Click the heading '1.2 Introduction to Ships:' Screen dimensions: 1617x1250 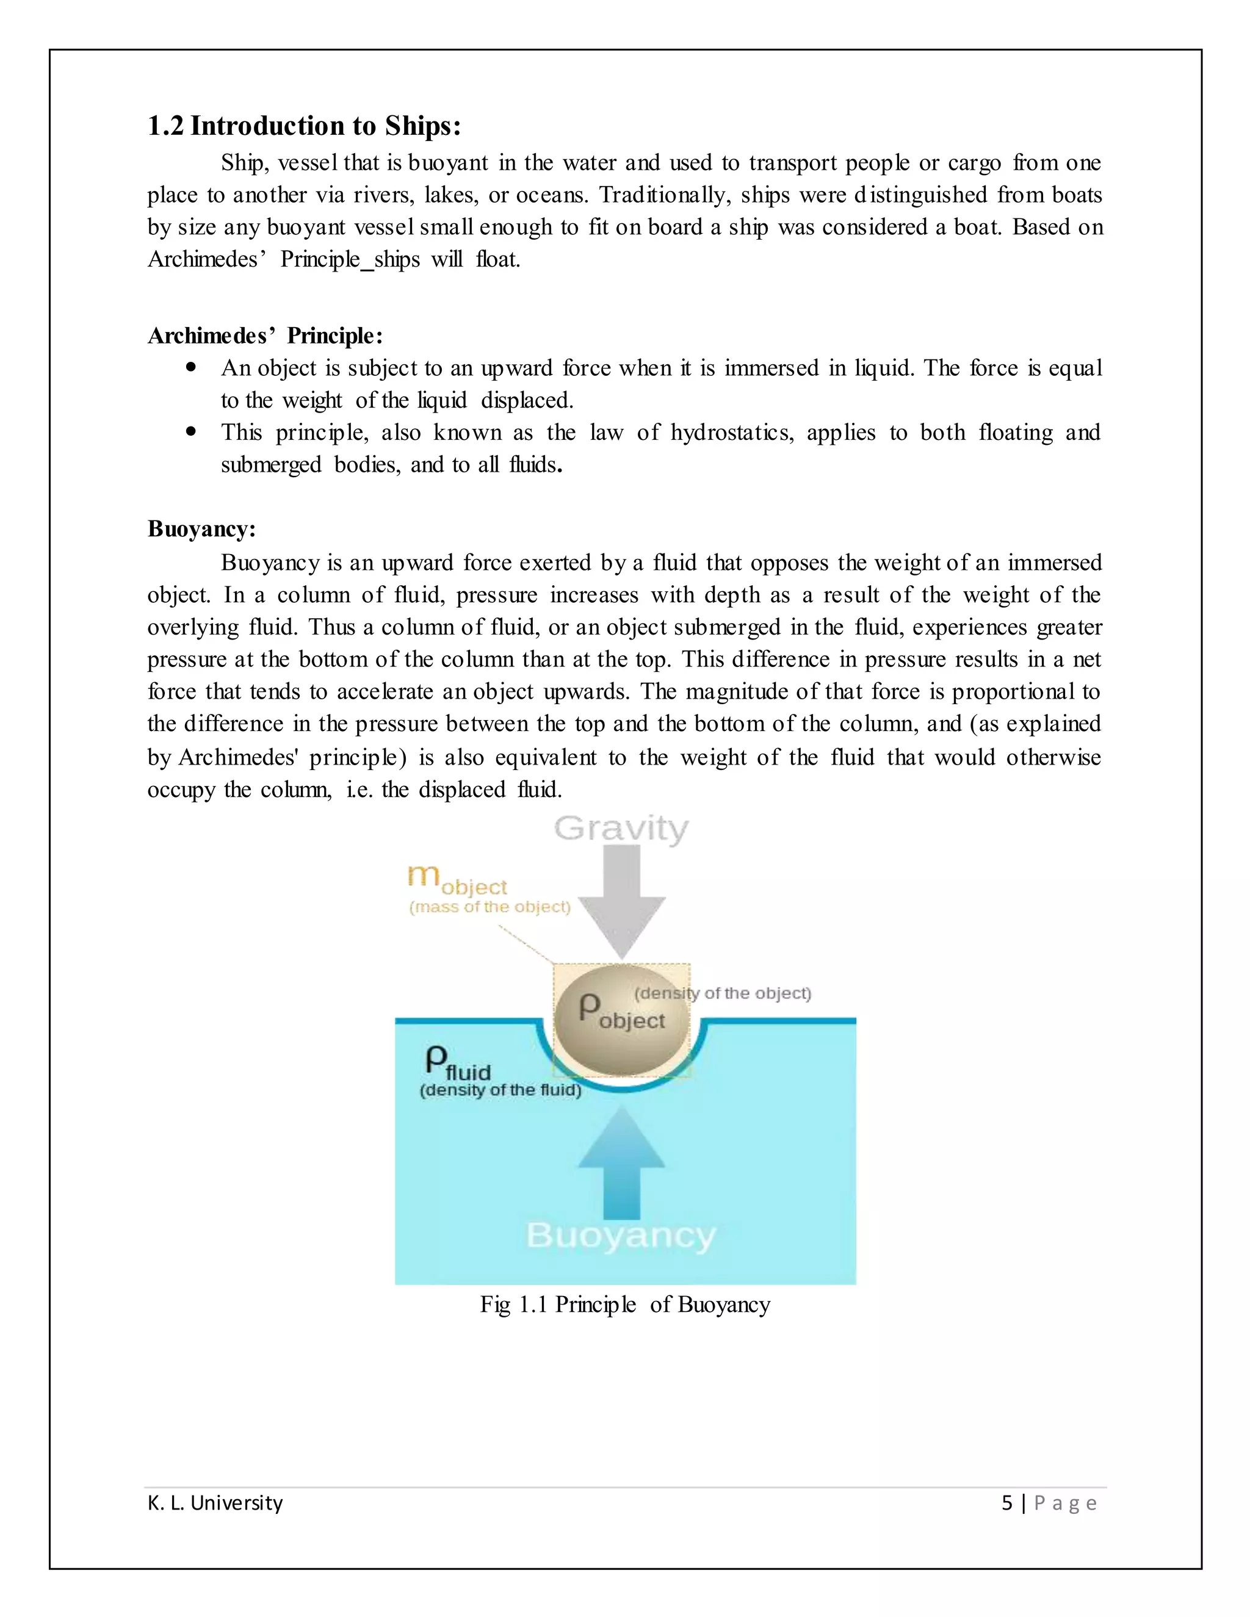pos(305,126)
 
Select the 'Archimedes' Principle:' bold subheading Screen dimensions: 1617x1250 pos(265,336)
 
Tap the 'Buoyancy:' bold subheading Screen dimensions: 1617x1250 pos(201,528)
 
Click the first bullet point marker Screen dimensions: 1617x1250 pos(192,367)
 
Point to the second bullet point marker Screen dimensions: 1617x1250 pos(192,431)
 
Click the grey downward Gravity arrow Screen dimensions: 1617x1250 pos(622,900)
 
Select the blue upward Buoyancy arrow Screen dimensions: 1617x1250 pos(622,1163)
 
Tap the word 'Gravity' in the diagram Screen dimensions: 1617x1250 pos(621,829)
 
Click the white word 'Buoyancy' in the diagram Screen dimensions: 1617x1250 pos(621,1236)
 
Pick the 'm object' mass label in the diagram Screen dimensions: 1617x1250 pos(457,879)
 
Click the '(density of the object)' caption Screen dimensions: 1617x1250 pos(723,993)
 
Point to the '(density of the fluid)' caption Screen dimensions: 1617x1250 pos(500,1090)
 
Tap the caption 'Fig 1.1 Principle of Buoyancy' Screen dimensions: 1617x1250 pos(625,1305)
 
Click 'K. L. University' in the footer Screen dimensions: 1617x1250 pos(215,1503)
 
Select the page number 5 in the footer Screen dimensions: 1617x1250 pos(1006,1503)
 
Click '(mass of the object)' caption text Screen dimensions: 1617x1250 pos(490,907)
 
